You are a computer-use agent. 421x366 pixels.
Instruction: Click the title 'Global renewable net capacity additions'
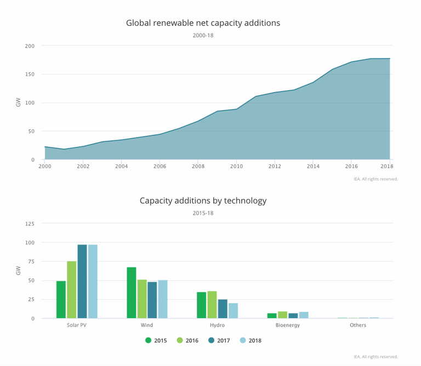203,23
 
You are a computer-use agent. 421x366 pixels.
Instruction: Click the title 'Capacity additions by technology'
203,201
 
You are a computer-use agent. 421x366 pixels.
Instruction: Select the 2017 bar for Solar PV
82,282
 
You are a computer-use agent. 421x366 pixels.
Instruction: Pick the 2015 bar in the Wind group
132,293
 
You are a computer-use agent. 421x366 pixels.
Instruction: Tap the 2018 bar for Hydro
234,311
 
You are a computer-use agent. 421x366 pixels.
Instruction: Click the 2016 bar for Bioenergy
282,315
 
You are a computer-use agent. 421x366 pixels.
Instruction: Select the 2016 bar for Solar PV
72,290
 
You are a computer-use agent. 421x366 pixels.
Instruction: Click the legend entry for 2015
156,340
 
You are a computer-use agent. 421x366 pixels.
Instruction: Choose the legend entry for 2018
251,340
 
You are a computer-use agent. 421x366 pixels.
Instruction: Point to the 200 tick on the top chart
30,46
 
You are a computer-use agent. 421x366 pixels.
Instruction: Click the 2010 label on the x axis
236,167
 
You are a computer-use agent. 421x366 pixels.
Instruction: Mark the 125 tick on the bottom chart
30,224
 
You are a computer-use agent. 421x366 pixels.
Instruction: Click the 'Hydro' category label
218,325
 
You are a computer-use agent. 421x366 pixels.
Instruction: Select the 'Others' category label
358,325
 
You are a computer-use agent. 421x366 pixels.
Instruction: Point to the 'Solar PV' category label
77,325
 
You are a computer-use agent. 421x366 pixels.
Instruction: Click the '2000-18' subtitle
203,36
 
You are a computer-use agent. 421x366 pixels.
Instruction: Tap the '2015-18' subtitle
203,213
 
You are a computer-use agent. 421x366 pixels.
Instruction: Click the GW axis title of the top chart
18,102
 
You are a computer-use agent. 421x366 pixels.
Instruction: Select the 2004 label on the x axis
121,167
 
